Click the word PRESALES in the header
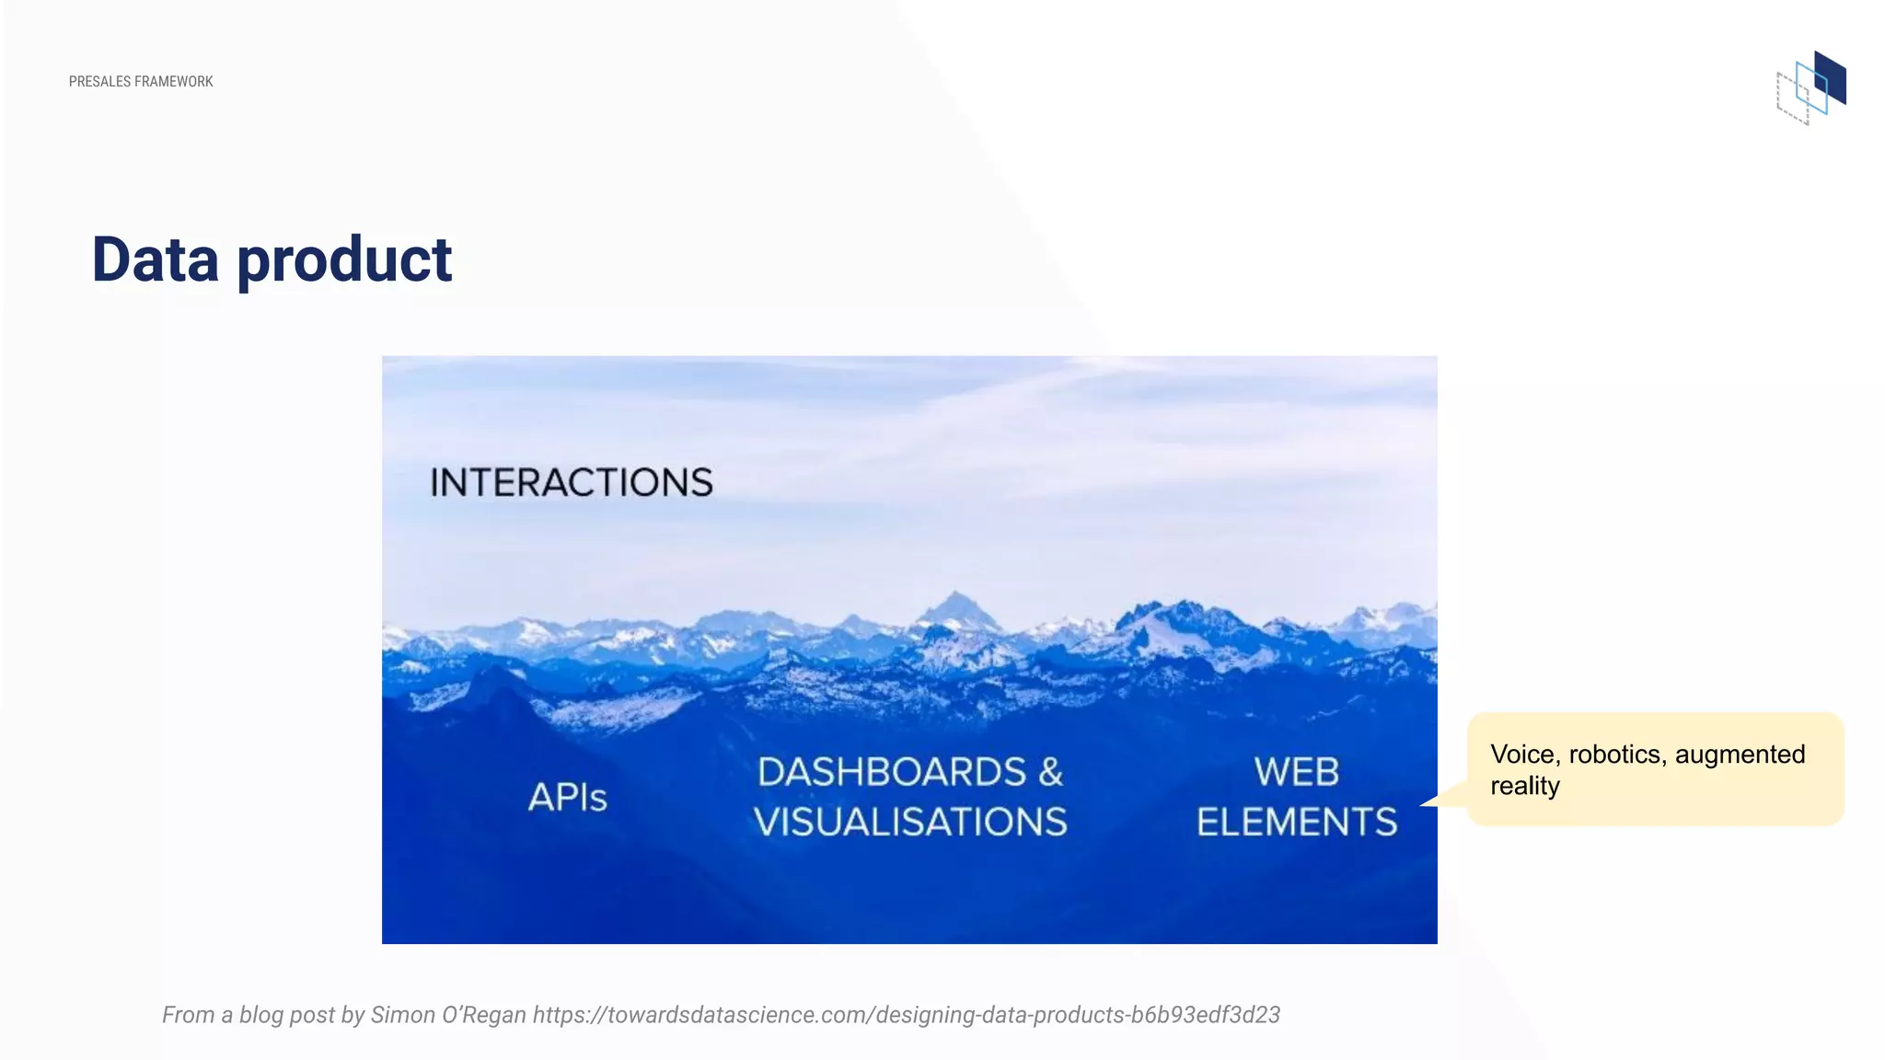tap(99, 82)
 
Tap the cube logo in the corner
tap(1810, 88)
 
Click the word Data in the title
tap(156, 259)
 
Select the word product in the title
tap(344, 261)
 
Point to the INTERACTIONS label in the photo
tap(572, 483)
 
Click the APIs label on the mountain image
tap(568, 797)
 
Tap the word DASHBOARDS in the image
tap(891, 772)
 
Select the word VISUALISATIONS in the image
tap(910, 822)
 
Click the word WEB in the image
tap(1296, 772)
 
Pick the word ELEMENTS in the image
tap(1296, 822)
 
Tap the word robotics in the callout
tap(1617, 755)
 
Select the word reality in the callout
tap(1525, 786)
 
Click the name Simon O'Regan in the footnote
tap(448, 1015)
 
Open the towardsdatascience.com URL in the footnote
tap(906, 1015)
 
